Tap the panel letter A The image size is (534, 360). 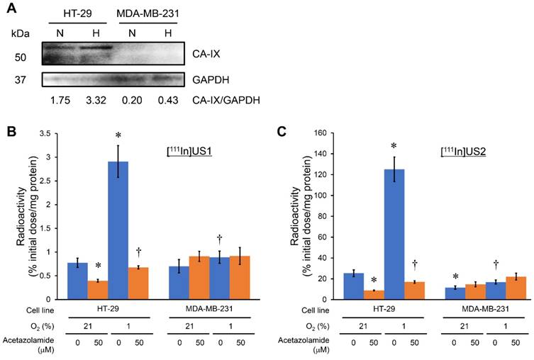[11, 10]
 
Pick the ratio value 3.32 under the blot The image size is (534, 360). [96, 101]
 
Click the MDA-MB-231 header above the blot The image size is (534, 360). [148, 15]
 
